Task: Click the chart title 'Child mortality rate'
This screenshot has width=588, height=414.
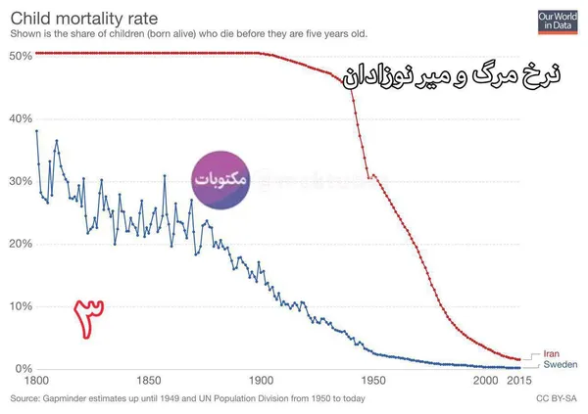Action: [x=84, y=19]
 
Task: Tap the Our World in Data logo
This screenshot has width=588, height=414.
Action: [x=558, y=23]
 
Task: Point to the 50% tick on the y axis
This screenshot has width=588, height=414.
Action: [x=21, y=56]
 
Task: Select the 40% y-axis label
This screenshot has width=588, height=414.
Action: [x=21, y=118]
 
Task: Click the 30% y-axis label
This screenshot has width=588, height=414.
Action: [x=21, y=181]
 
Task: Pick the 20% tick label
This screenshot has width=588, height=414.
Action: [x=21, y=244]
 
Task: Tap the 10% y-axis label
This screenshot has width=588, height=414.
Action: [x=21, y=306]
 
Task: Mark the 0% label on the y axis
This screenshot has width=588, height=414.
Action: [x=24, y=369]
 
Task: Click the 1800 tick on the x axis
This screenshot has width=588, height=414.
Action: [x=36, y=381]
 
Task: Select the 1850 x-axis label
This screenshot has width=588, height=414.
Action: [x=149, y=381]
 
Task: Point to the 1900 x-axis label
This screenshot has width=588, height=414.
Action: [x=262, y=381]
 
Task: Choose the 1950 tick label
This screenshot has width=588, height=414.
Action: [x=373, y=381]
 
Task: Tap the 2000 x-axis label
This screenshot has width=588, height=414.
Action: [x=486, y=381]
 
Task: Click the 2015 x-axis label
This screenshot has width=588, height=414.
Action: [x=519, y=381]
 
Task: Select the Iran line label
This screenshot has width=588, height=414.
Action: [x=551, y=353]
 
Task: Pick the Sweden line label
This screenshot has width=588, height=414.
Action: [x=561, y=364]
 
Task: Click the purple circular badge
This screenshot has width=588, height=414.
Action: [x=220, y=180]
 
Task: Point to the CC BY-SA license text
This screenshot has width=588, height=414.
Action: [x=557, y=398]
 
